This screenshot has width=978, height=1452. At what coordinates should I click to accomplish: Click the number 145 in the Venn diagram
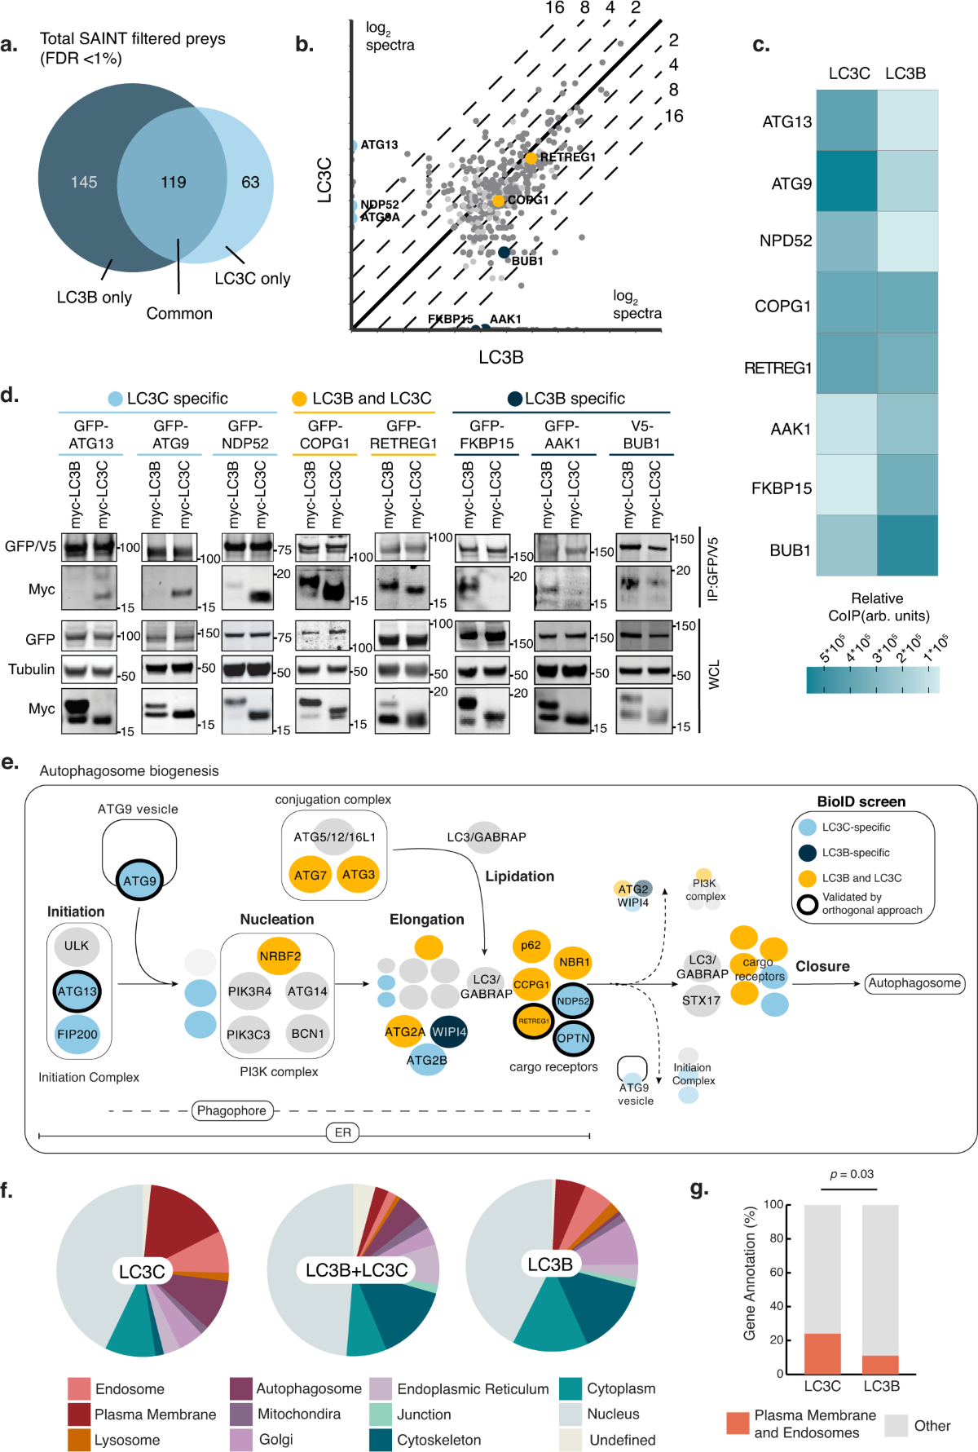tap(84, 182)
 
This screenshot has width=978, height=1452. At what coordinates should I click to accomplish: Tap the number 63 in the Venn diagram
tap(250, 182)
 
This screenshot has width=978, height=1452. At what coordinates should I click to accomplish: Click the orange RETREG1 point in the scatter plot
tap(531, 158)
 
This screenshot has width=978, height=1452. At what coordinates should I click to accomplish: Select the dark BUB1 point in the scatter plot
tap(504, 253)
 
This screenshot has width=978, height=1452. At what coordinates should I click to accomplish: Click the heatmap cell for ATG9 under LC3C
tap(847, 181)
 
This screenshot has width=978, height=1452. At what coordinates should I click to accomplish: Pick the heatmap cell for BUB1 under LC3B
tap(907, 545)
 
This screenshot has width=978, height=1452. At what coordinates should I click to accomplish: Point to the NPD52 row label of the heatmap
tap(785, 241)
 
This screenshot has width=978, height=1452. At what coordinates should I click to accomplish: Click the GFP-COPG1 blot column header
tap(324, 435)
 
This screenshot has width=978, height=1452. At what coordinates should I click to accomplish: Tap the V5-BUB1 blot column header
tap(641, 435)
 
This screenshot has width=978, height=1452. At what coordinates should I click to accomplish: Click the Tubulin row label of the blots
tap(32, 669)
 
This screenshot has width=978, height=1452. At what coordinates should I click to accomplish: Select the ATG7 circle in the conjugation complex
tap(311, 875)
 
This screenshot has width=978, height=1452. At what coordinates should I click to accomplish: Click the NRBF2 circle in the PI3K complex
tap(280, 955)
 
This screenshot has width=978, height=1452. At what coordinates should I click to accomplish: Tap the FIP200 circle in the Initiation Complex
tap(77, 1034)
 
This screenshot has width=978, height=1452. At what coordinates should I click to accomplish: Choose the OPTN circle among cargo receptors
tap(573, 1038)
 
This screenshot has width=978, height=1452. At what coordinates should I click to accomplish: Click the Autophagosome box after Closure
tap(914, 983)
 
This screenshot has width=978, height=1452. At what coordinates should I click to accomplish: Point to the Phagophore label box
tap(231, 1110)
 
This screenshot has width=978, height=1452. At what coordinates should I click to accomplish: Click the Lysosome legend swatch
tap(79, 1440)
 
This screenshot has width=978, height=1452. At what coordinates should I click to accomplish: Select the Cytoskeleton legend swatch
tap(381, 1440)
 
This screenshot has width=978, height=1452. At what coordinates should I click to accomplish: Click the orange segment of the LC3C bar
tap(822, 1353)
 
